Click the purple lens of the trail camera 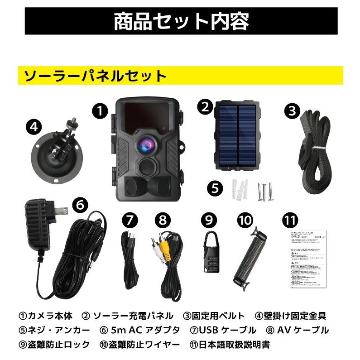(148, 144)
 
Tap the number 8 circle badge (162, 220)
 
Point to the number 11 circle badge (291, 220)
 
